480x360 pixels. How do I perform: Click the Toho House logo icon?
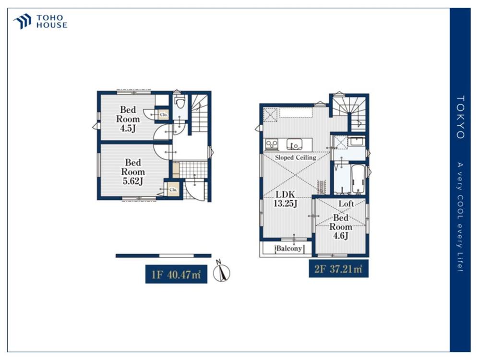(x=22, y=21)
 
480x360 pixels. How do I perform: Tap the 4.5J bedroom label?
(x=128, y=119)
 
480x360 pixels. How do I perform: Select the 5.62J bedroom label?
(x=133, y=172)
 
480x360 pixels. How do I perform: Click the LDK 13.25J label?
(x=285, y=199)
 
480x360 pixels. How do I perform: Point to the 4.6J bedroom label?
(x=341, y=227)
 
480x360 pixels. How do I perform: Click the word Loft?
(x=346, y=204)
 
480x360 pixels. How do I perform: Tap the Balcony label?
(x=289, y=248)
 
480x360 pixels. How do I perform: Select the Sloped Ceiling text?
(x=295, y=157)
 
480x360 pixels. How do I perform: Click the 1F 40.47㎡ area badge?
(x=176, y=274)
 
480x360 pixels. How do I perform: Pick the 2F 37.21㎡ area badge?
(x=338, y=269)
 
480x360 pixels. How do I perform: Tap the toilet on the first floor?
(x=180, y=101)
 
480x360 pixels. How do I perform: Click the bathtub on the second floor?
(x=358, y=180)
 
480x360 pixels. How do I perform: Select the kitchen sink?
(x=295, y=144)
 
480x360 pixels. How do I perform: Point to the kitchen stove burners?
(x=272, y=144)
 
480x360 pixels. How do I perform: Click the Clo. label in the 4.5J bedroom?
(x=164, y=115)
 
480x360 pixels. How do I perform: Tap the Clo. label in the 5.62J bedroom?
(x=173, y=190)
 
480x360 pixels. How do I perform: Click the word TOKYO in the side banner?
(x=460, y=117)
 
